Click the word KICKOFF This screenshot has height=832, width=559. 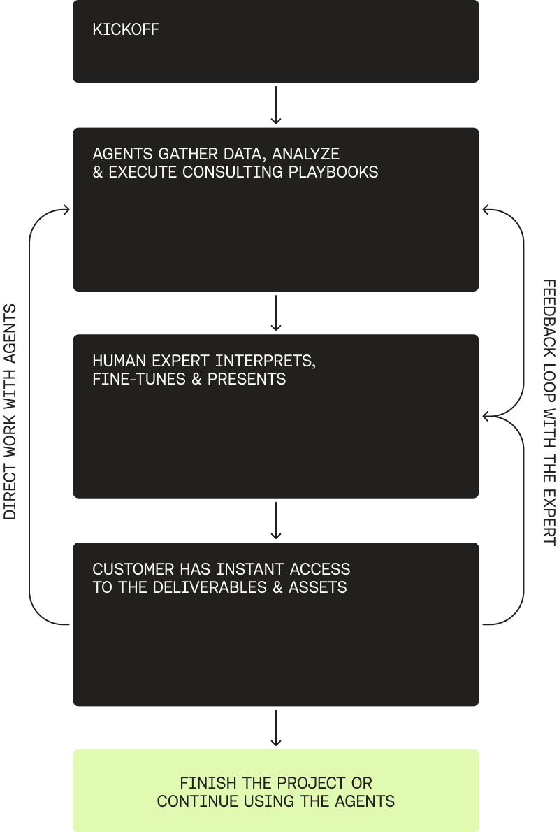[126, 30]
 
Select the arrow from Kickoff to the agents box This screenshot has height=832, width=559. [276, 105]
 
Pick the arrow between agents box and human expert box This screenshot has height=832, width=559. [276, 313]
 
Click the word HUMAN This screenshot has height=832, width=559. [117, 361]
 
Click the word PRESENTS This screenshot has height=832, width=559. [247, 380]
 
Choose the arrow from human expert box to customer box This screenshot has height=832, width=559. [276, 520]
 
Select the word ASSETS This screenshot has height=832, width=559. [319, 587]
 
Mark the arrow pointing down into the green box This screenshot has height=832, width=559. [276, 728]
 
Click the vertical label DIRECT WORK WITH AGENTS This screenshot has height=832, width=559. [10, 413]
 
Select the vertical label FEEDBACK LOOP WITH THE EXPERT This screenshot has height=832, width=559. [549, 413]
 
